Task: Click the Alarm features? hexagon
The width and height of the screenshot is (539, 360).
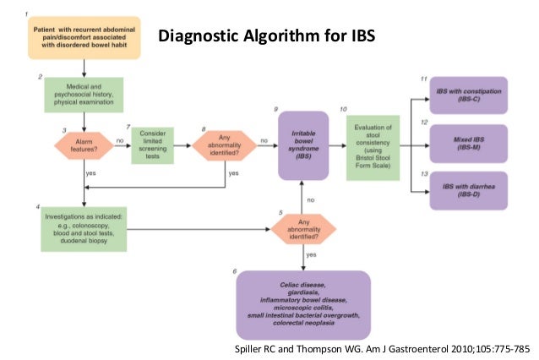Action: (x=83, y=145)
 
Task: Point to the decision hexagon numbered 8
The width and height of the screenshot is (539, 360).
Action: (x=223, y=145)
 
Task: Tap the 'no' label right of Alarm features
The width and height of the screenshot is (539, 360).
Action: (x=120, y=140)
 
